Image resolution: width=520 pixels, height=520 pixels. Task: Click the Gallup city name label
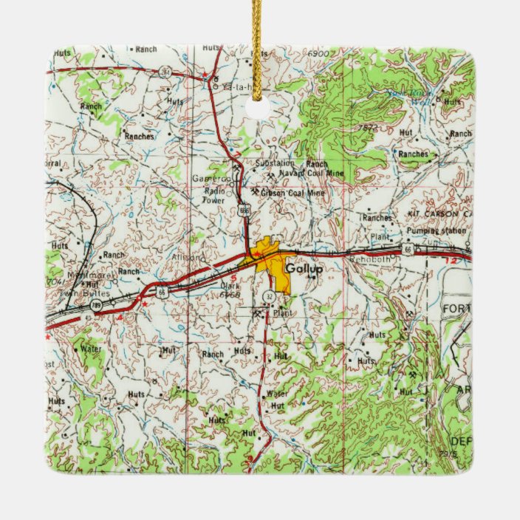click(304, 269)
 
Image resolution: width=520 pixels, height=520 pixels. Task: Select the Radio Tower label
click(214, 195)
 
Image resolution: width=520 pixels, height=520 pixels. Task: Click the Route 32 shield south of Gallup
click(270, 295)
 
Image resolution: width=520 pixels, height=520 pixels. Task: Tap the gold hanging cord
click(257, 44)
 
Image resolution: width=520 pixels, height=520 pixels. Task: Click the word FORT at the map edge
click(456, 307)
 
